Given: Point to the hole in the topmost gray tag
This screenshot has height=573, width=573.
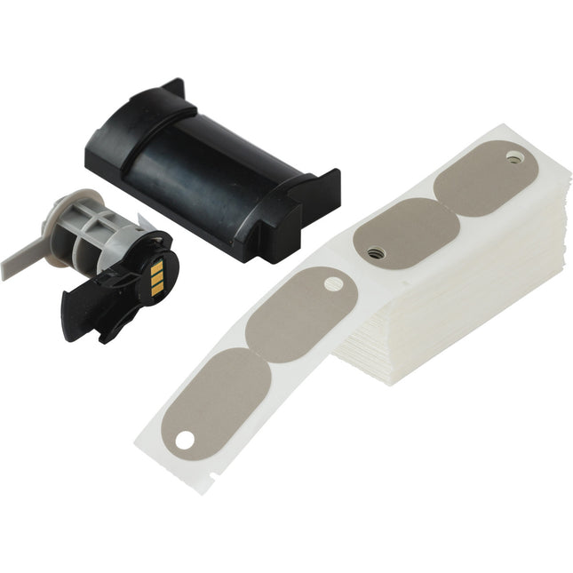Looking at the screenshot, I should (x=513, y=158).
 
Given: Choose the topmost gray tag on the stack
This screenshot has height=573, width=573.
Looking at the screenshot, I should (x=484, y=178).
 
